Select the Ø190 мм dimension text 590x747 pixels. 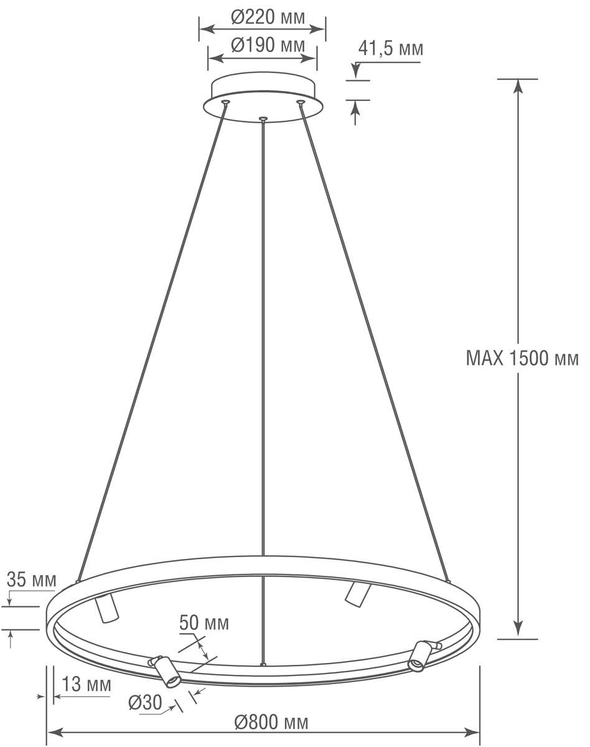[x=261, y=45]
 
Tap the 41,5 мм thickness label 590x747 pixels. [x=391, y=49]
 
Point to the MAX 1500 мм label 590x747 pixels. [x=522, y=359]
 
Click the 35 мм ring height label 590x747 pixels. [x=31, y=580]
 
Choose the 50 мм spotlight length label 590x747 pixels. [x=204, y=622]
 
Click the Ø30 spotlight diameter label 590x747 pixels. [x=144, y=703]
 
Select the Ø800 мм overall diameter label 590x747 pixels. [x=271, y=722]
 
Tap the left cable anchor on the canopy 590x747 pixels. [x=225, y=101]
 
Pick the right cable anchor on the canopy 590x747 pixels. [x=301, y=101]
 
